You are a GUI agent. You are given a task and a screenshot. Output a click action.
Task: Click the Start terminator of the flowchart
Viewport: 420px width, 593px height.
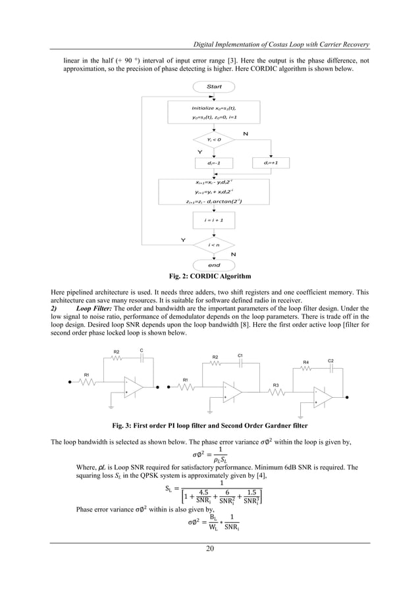pos(214,87)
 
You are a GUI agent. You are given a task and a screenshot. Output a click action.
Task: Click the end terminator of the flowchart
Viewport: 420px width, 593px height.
pos(214,265)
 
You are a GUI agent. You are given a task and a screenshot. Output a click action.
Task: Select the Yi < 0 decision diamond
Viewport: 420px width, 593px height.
pos(214,139)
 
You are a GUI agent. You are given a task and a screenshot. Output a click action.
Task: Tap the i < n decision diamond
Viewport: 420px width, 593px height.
pos(214,245)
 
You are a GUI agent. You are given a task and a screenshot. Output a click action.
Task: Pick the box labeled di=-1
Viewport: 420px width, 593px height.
pos(214,163)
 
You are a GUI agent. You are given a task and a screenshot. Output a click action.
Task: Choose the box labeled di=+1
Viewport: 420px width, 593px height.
pos(271,163)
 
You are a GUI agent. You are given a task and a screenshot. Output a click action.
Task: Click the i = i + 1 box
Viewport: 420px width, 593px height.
pos(214,219)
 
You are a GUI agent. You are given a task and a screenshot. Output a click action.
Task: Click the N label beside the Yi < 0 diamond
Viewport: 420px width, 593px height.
pos(246,133)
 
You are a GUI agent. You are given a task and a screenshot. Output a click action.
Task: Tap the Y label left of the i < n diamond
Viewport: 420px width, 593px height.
pos(176,240)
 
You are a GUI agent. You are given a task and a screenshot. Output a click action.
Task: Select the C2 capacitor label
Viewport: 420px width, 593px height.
pos(330,361)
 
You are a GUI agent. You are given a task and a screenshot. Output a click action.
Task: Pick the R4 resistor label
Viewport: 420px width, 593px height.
pos(306,362)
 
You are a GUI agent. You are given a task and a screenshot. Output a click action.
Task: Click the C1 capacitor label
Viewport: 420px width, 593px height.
pos(240,356)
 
